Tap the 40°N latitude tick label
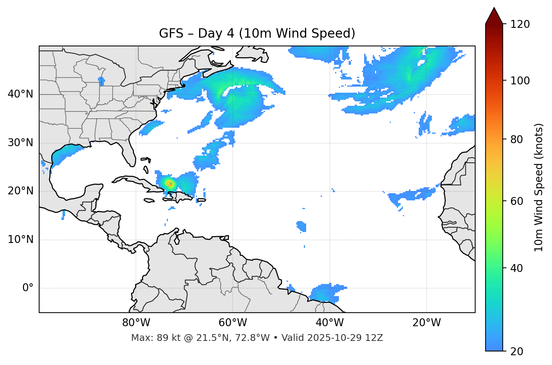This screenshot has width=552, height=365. click(x=20, y=94)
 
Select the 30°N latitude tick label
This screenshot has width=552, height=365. click(x=20, y=143)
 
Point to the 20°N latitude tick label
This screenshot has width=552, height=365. click(x=20, y=191)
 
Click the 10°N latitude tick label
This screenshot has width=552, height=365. click(x=20, y=240)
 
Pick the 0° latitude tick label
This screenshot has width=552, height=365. click(x=27, y=288)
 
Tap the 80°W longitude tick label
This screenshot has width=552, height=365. click(x=136, y=323)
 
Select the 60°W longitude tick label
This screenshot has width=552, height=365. click(x=233, y=323)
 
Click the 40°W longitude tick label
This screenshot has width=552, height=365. click(x=329, y=323)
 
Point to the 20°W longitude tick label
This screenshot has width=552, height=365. click(x=426, y=323)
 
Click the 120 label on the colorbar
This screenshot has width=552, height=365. click(x=520, y=24)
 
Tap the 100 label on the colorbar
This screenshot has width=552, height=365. click(x=520, y=81)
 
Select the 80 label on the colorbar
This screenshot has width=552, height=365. click(x=516, y=139)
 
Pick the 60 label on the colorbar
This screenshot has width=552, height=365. click(x=516, y=201)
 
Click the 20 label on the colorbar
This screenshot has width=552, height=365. click(x=516, y=351)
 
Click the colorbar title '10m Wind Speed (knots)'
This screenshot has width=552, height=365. click(x=539, y=187)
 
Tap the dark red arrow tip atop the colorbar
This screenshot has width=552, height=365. click(x=494, y=15)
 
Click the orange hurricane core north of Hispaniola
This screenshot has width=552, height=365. click(x=170, y=183)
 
